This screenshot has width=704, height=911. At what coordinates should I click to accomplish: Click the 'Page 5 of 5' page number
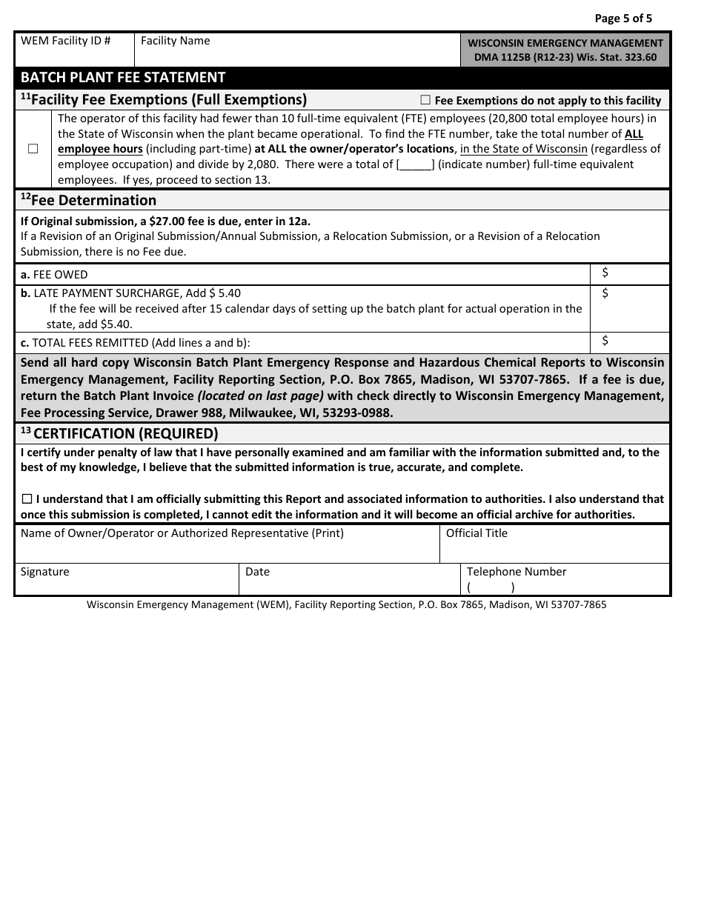pos(623,19)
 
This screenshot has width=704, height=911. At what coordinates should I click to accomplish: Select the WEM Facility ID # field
pos(74,55)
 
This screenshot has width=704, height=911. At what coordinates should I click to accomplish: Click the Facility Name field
pos(296,55)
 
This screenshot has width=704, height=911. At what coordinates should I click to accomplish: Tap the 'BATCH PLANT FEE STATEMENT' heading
pos(123,78)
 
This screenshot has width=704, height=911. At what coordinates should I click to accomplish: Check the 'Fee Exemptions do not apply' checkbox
pos(425,100)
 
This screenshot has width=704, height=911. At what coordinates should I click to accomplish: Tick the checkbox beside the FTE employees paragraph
pos(33,149)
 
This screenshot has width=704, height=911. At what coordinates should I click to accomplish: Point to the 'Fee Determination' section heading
pos(88,200)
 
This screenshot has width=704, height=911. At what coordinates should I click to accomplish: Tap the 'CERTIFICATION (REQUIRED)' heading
pos(125,433)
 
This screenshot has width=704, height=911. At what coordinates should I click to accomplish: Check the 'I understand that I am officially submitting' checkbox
pos(27,499)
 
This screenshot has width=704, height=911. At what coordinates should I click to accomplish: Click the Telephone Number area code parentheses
pos(491,587)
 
